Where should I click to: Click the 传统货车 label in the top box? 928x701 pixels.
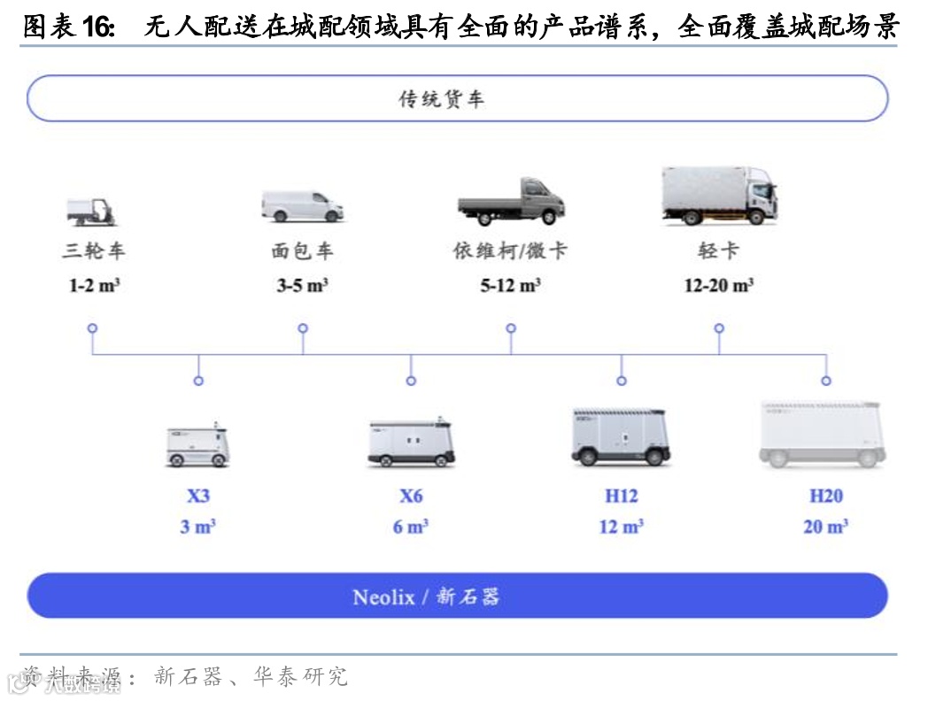442,99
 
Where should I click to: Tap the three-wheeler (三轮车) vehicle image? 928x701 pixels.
92,211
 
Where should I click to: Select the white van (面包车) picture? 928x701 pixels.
303,206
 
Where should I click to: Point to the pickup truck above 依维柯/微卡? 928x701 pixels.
511,202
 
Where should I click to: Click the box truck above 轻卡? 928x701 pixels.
719,194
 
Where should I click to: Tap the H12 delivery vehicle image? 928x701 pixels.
620,436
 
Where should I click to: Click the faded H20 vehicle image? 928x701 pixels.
823,435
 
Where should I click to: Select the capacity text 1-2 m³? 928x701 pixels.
93,286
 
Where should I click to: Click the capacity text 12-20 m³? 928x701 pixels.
718,286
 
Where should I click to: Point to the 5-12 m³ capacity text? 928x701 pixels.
511,286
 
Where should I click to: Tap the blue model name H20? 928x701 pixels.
825,496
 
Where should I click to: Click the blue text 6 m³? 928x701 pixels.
411,527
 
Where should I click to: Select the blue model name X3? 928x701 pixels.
198,496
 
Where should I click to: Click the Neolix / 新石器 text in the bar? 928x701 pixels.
426,597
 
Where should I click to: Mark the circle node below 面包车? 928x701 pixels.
303,328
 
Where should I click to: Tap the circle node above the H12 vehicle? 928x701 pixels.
622,381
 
